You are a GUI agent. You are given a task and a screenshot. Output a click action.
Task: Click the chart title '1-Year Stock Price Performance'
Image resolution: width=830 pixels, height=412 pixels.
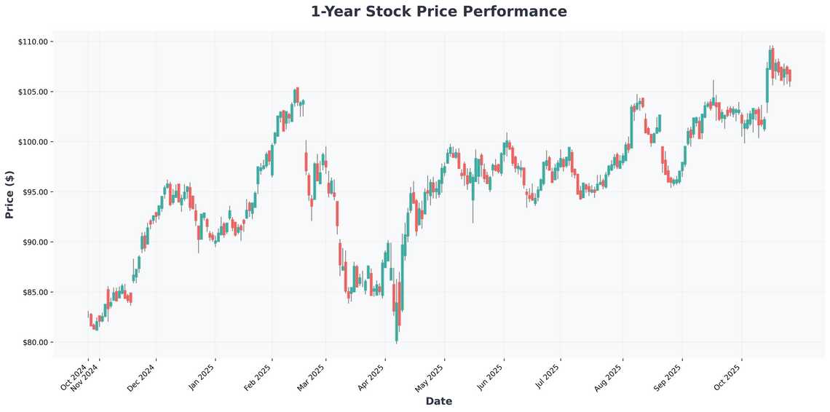438,12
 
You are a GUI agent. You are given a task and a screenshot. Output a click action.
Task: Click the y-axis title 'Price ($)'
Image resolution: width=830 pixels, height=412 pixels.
9,194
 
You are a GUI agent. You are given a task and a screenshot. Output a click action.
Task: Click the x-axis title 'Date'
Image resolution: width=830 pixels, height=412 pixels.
438,401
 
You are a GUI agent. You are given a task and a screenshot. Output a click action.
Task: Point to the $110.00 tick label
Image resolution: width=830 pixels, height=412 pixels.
33,41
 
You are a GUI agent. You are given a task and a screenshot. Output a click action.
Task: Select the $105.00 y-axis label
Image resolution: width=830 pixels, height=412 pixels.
33,92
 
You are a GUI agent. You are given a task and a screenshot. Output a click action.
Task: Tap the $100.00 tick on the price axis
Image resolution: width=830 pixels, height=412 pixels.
33,142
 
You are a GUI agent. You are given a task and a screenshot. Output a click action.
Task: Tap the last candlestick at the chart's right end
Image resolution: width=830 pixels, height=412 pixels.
790,76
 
